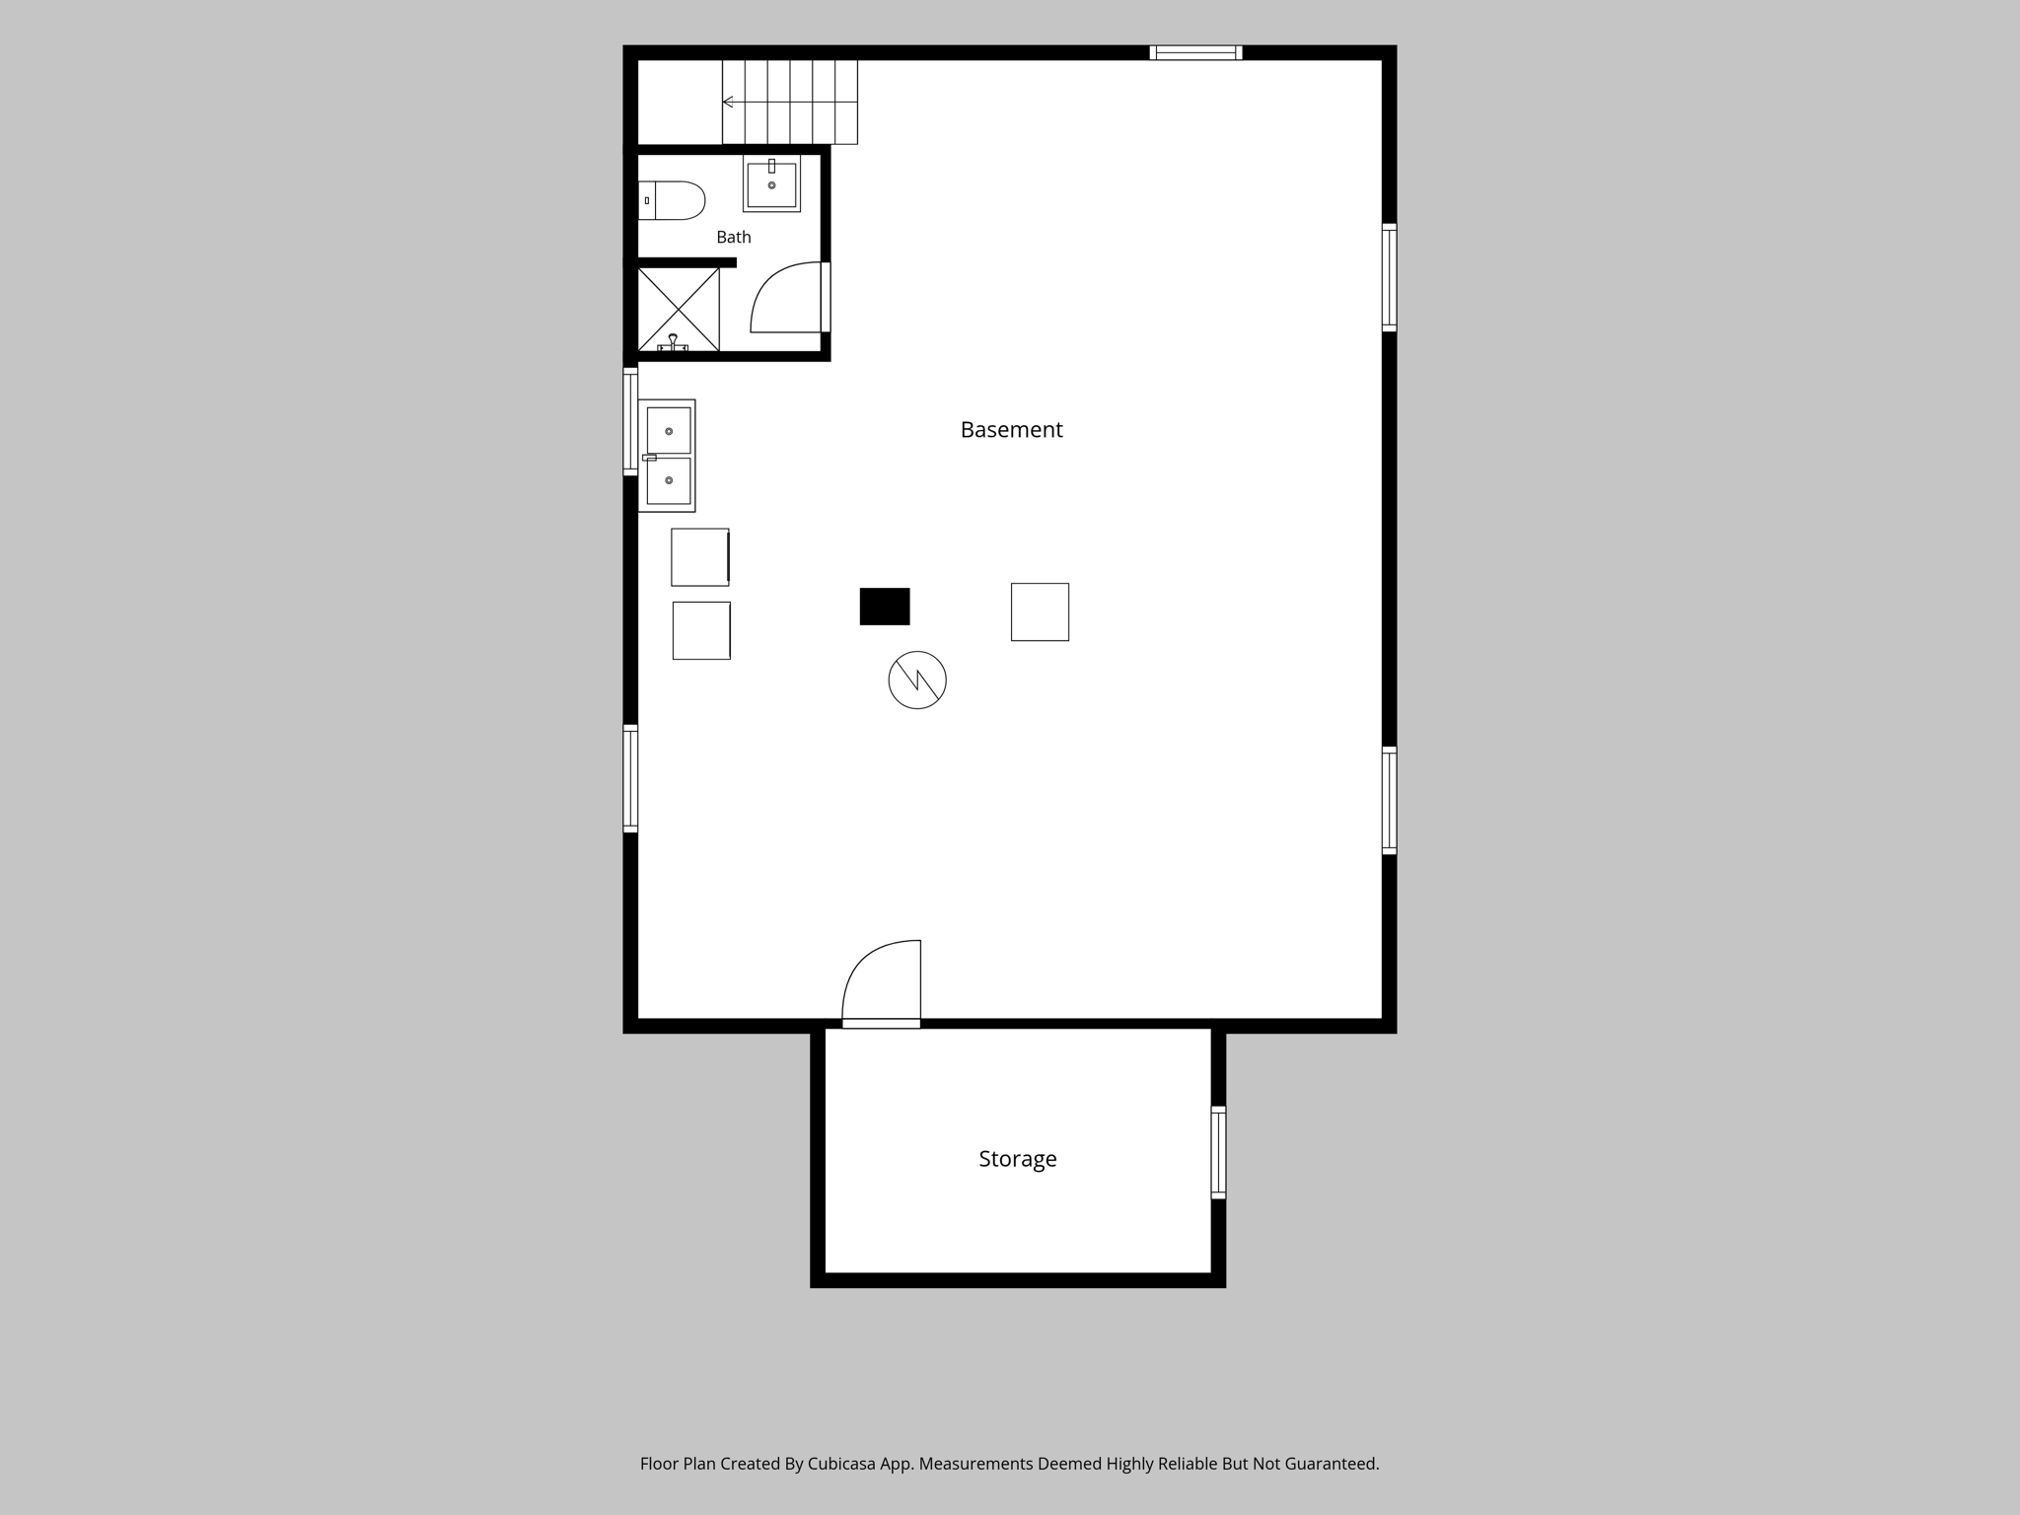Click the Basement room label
1011,430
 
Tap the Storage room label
1017,1159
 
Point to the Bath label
734,237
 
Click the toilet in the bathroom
672,200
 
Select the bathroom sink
771,184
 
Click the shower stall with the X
679,310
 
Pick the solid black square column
885,607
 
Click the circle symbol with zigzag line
917,680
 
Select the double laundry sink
667,456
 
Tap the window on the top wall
1195,52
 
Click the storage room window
1218,1152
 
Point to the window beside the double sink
630,421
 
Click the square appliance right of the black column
1040,612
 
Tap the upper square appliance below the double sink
700,557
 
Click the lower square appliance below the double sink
701,630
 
